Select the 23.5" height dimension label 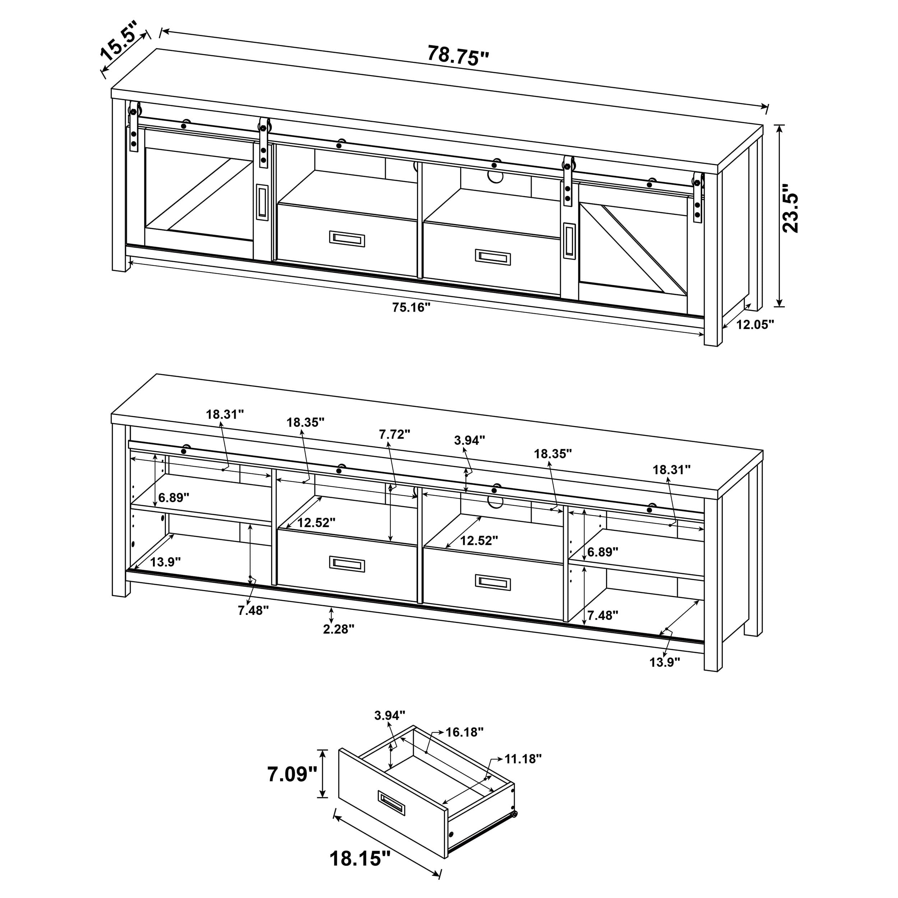click(790, 208)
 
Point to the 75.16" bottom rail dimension click(411, 307)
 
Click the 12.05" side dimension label click(755, 324)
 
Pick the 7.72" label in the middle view click(395, 434)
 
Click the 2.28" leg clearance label click(339, 629)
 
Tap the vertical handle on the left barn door click(262, 201)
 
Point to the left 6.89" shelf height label click(174, 497)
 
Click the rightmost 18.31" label click(672, 469)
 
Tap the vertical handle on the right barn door click(569, 240)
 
